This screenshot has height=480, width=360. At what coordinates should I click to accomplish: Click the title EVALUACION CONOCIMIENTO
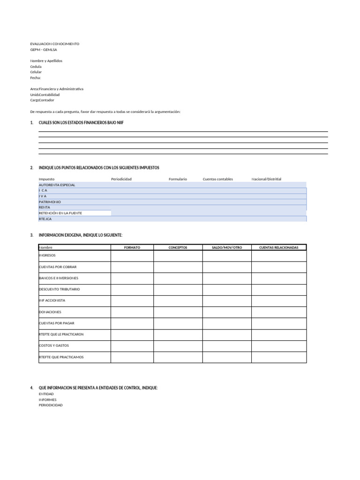(55, 44)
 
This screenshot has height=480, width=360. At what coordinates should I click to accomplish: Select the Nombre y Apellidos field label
(46, 61)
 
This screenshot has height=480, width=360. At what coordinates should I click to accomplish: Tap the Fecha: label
(36, 78)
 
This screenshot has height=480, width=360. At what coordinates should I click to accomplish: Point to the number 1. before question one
(31, 122)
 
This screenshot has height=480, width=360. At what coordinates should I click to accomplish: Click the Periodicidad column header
(121, 179)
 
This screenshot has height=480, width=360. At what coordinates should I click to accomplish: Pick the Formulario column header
(178, 179)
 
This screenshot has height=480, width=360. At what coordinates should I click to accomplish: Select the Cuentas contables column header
(217, 179)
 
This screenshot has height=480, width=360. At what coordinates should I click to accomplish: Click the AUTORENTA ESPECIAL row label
(57, 185)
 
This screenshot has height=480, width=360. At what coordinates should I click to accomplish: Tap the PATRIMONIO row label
(50, 202)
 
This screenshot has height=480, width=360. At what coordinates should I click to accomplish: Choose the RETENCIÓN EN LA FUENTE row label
(60, 213)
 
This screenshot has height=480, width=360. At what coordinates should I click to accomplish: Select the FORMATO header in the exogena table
(132, 247)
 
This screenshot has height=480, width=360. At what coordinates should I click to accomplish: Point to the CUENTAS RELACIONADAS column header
(278, 247)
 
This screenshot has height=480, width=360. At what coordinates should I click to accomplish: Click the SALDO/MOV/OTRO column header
(227, 247)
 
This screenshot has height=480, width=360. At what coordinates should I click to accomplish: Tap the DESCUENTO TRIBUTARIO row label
(60, 289)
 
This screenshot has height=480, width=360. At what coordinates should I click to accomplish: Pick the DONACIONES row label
(50, 312)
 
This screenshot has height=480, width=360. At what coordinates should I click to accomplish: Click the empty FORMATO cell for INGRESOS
(132, 255)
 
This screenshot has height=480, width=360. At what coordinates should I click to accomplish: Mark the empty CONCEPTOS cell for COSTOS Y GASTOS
(178, 345)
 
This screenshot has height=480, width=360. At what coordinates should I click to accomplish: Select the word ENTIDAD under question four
(46, 394)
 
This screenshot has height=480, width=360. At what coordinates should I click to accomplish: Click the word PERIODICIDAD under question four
(51, 405)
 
